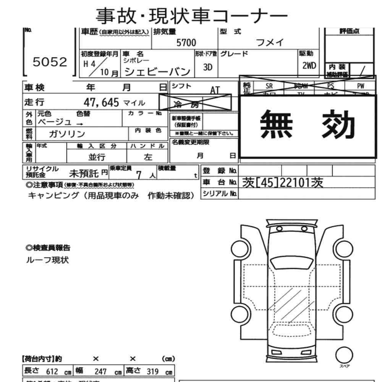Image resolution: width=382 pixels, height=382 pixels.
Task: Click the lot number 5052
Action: [x=50, y=62]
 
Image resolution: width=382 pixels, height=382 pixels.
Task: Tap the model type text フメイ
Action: [x=270, y=43]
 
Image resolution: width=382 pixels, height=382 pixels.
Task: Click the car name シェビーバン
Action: [x=157, y=71]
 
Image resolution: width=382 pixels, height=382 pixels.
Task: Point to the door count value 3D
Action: [x=207, y=67]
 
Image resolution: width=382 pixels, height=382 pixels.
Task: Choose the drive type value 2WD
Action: [x=309, y=65]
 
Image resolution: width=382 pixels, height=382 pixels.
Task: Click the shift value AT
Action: [x=215, y=90]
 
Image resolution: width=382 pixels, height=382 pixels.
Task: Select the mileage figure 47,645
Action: [x=102, y=102]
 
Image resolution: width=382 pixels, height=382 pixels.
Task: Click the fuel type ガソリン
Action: [x=67, y=134]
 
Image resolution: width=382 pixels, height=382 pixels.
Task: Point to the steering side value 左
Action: [x=148, y=157]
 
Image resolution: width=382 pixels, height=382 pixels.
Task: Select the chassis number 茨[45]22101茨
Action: [x=283, y=183]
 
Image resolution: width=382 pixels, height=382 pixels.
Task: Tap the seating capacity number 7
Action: [x=139, y=175]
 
